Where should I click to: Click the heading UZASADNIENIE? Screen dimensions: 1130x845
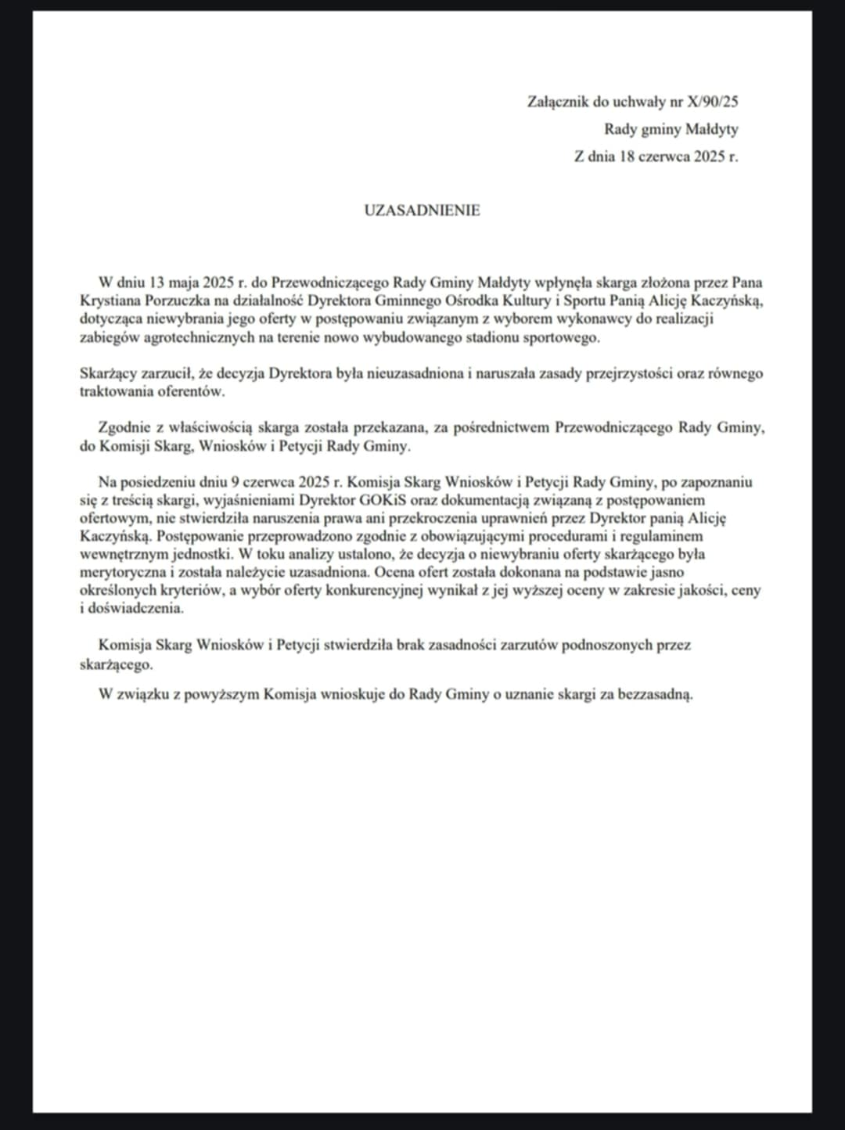point(422,211)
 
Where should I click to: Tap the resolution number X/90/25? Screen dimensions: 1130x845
point(712,102)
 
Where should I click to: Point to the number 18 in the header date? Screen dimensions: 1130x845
point(626,157)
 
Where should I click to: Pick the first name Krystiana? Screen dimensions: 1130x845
point(111,300)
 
